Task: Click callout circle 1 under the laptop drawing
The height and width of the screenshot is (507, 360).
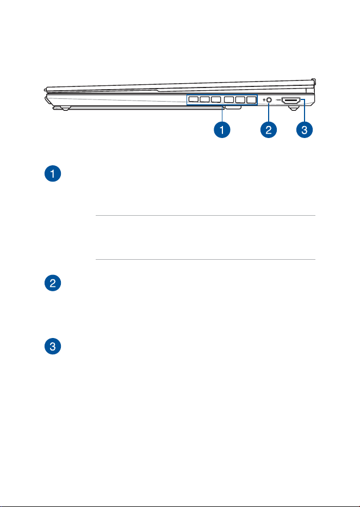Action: [x=222, y=130]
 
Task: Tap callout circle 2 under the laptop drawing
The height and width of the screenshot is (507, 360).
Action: [x=269, y=130]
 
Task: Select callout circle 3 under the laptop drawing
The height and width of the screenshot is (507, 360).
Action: [x=305, y=130]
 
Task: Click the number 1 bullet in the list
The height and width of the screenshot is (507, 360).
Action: [x=53, y=174]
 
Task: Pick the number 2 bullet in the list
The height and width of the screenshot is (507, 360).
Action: [x=53, y=283]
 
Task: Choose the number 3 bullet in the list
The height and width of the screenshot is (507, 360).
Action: [x=53, y=346]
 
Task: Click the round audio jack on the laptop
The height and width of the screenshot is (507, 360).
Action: [x=269, y=100]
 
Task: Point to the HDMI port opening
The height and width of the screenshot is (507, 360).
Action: [x=291, y=101]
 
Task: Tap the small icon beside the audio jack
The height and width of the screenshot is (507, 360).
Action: [x=264, y=100]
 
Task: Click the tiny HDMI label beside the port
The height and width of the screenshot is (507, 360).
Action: [x=278, y=99]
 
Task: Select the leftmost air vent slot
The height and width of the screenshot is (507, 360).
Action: [x=193, y=99]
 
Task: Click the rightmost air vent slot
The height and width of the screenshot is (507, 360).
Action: [x=251, y=100]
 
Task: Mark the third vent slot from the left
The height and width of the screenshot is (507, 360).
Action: [x=216, y=99]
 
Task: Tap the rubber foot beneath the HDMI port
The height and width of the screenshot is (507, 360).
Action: [x=293, y=109]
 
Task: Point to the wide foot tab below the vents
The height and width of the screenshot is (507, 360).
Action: [x=233, y=108]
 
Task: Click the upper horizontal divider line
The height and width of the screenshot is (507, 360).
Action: [x=206, y=215]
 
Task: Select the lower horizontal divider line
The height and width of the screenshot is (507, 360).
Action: [x=206, y=259]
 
